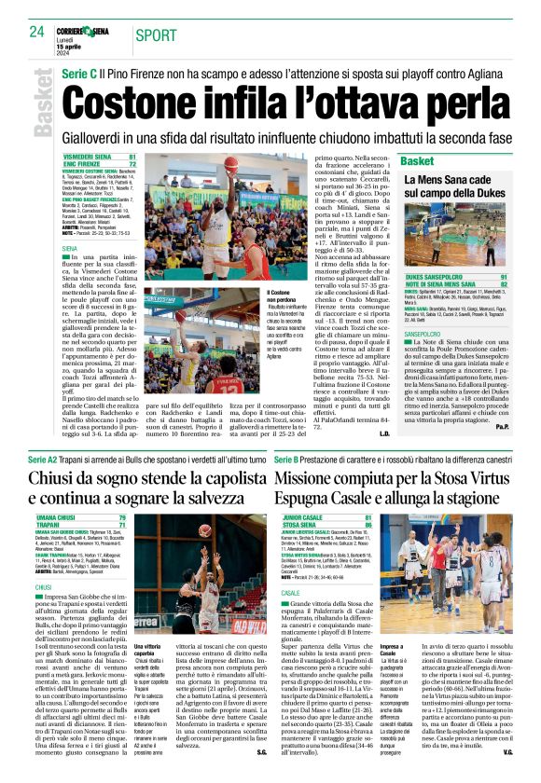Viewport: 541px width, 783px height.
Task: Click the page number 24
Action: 36,31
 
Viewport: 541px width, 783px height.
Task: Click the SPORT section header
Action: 155,36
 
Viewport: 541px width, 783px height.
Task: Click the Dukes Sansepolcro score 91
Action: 504,277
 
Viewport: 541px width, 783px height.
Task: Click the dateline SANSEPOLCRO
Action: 428,333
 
